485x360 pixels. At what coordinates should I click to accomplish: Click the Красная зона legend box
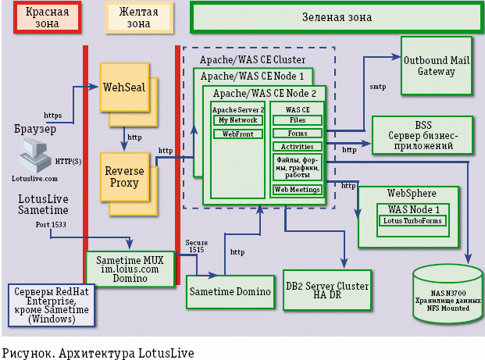tap(46, 18)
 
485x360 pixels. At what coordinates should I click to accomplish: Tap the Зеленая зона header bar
tap(336, 16)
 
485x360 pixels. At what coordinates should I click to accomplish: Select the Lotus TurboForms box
tap(412, 221)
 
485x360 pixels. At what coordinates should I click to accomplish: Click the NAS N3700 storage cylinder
tap(448, 291)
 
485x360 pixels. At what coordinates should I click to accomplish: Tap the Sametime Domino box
tap(230, 291)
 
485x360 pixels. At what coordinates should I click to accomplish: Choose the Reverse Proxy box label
tap(123, 177)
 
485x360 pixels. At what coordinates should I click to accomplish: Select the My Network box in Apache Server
tap(239, 121)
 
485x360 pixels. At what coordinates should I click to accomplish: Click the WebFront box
tap(239, 134)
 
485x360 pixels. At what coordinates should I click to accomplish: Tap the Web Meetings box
tap(297, 190)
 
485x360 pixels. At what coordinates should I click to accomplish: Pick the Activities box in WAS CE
tap(297, 146)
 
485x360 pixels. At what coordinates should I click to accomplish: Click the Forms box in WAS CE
tap(297, 134)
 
